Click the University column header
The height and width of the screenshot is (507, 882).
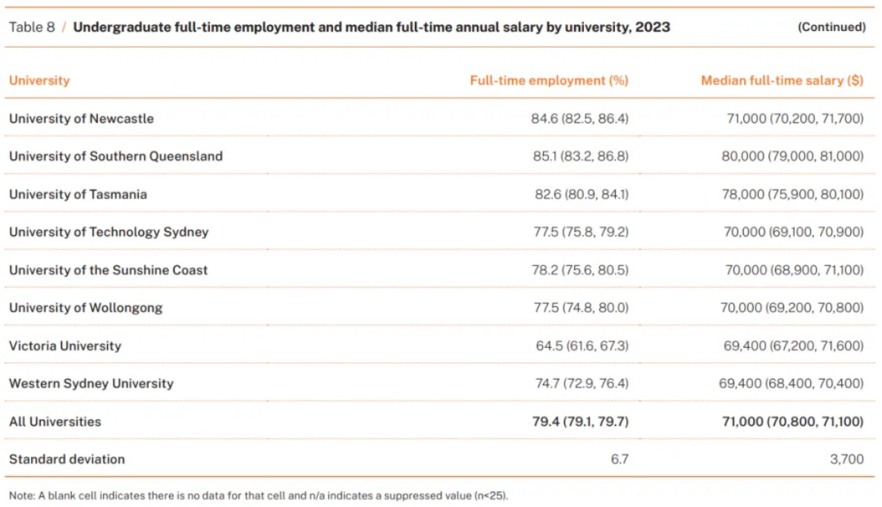click(39, 81)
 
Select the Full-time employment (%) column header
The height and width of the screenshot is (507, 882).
click(549, 81)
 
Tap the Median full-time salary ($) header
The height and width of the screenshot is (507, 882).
click(782, 81)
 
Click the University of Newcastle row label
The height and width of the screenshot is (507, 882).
click(81, 118)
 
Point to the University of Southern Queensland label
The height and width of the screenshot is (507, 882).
click(115, 156)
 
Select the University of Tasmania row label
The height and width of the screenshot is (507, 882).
click(78, 194)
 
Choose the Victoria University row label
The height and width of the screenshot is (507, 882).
click(65, 346)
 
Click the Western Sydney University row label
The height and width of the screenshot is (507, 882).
click(91, 384)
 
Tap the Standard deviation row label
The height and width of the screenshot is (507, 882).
click(67, 460)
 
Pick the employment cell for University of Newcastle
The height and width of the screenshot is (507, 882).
click(580, 118)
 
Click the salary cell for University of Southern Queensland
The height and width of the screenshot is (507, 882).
click(792, 156)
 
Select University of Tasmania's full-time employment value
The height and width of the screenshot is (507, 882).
click(581, 194)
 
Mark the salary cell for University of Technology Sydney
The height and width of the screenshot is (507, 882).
click(793, 232)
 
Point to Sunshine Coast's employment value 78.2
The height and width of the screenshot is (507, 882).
click(546, 270)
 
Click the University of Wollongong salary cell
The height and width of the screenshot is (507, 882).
click(793, 308)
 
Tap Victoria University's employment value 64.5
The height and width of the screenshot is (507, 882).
click(549, 346)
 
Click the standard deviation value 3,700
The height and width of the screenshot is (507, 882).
click(847, 460)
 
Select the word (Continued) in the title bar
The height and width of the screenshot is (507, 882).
click(831, 27)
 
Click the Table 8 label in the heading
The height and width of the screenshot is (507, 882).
click(32, 27)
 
